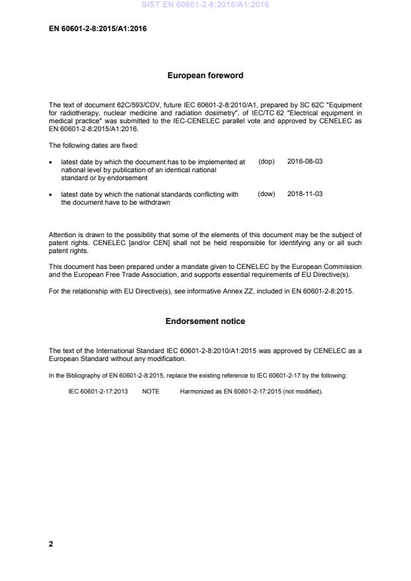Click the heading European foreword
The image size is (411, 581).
click(205, 76)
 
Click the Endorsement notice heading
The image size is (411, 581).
click(205, 321)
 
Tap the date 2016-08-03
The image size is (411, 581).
click(305, 162)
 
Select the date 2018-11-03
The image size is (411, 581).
click(305, 194)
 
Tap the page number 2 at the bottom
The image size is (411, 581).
click(51, 544)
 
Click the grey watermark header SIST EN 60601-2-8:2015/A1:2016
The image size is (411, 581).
click(205, 5)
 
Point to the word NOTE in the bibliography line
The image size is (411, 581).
click(150, 392)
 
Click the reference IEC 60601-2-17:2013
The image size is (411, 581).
click(98, 392)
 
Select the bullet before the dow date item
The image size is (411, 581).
click(52, 195)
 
